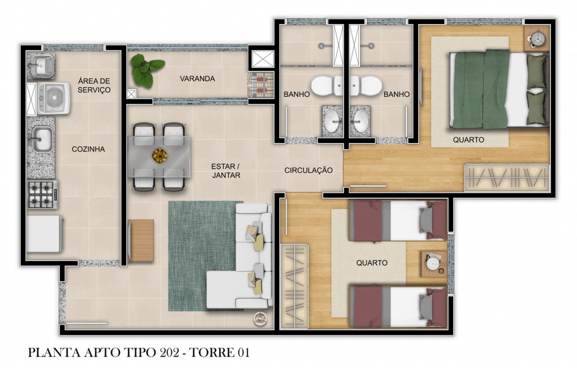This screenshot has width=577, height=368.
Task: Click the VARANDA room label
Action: coord(197,79)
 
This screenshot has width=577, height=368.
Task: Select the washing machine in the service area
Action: coord(54,98)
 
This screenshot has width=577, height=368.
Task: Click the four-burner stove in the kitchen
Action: coord(42,195)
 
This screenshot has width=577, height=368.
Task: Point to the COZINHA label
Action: coord(88,149)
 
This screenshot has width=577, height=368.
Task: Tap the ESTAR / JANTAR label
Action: coord(226,171)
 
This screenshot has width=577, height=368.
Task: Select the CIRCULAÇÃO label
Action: coord(308,170)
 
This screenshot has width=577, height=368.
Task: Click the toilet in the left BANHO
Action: coord(327,86)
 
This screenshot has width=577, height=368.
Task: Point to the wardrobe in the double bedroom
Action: coord(507,178)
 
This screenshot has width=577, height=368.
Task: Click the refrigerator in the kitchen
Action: coord(45,234)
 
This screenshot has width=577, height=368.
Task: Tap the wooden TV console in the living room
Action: coord(140,241)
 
